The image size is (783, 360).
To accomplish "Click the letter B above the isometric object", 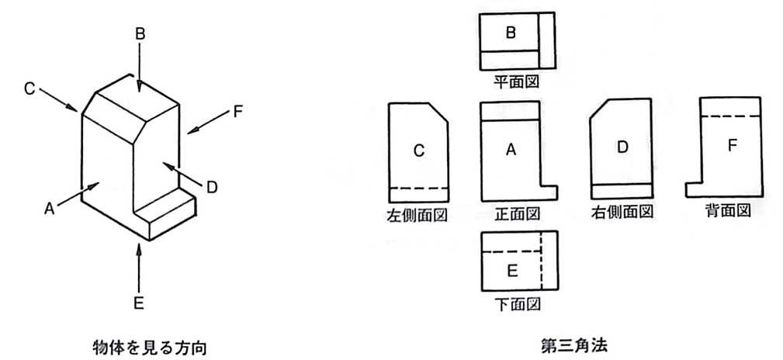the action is [140, 35].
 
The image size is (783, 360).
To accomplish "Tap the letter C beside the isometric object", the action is [29, 89].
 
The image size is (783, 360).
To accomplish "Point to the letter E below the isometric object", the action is [139, 303].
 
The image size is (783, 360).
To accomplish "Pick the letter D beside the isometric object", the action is [212, 187].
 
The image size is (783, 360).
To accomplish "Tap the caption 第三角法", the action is [573, 345].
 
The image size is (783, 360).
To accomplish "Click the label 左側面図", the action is [417, 214].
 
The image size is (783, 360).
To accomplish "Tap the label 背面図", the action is [729, 211].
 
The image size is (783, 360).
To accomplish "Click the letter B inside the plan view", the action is [511, 33].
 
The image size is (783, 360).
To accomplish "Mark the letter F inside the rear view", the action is [733, 145].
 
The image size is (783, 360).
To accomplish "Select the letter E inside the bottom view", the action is [512, 271].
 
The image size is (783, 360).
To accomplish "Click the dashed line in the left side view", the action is [418, 189].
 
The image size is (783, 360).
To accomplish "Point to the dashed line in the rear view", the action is [730, 116].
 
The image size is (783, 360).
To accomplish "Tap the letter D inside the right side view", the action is [622, 147].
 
